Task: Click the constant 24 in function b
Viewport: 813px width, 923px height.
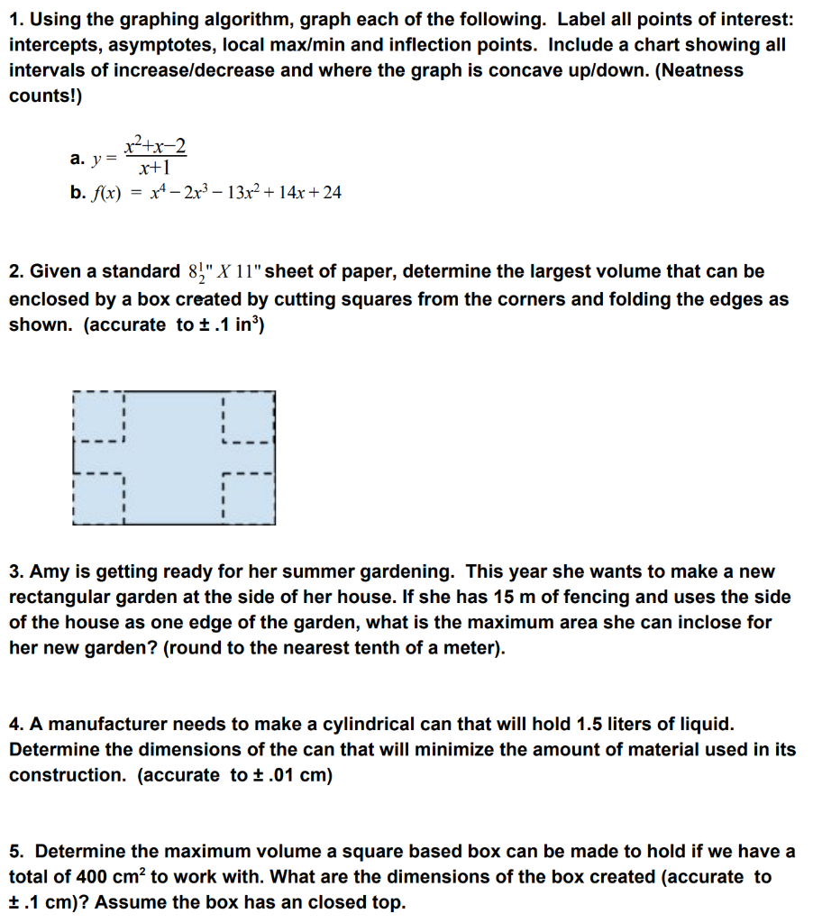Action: [332, 192]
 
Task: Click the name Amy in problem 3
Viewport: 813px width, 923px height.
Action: [51, 571]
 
